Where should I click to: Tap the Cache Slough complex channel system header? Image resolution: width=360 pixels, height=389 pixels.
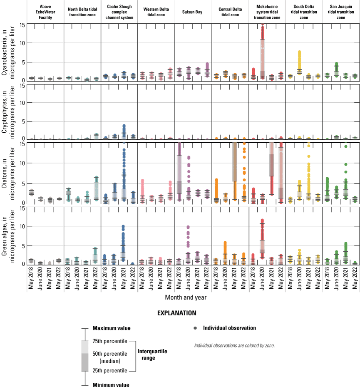click(119, 12)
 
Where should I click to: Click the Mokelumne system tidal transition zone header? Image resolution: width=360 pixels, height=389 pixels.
click(267, 12)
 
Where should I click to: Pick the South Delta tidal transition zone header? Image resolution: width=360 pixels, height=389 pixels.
click(304, 12)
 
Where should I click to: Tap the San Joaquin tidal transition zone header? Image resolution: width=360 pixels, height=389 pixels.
click(341, 12)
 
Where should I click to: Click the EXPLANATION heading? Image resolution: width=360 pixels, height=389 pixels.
click(179, 312)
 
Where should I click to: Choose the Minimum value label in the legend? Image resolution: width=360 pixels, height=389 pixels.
click(110, 385)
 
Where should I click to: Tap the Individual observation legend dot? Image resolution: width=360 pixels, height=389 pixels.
click(195, 328)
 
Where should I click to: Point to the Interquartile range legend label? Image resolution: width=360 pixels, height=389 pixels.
click(152, 354)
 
